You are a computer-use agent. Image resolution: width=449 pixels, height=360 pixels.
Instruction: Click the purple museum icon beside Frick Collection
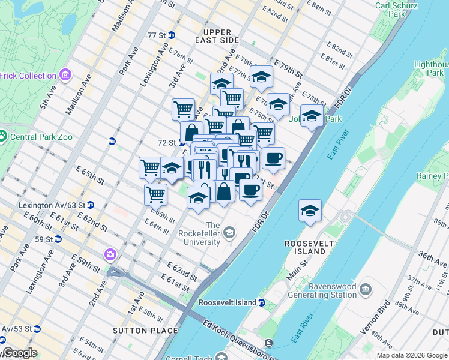pyautogui.click(x=66, y=76)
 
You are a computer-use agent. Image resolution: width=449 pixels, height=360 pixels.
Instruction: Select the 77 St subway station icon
pyautogui.click(x=171, y=35)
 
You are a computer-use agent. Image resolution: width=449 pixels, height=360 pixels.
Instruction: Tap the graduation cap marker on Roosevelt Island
pyautogui.click(x=310, y=211)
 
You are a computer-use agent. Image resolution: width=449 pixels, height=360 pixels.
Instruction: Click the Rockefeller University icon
pyautogui.click(x=229, y=232)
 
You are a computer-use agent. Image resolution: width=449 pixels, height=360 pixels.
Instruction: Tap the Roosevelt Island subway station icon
pyautogui.click(x=262, y=302)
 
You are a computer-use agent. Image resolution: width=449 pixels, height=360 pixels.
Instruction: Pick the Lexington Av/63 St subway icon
pyautogui.click(x=90, y=205)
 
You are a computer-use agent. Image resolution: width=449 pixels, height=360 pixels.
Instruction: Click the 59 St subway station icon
pyautogui.click(x=58, y=239)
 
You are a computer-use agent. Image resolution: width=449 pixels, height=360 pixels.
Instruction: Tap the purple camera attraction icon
pyautogui.click(x=110, y=254)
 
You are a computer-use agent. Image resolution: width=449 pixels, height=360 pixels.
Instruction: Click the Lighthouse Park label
pyautogui.click(x=431, y=68)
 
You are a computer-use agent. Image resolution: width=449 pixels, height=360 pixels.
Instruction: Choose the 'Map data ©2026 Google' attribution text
pyautogui.click(x=412, y=355)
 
